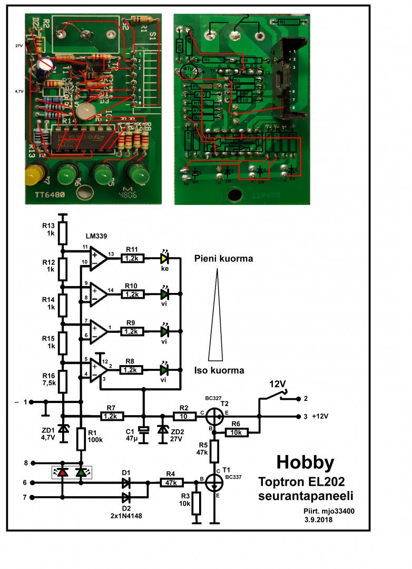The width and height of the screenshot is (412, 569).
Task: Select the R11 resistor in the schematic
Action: point(132,258)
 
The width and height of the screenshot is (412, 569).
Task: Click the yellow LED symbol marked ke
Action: point(165,258)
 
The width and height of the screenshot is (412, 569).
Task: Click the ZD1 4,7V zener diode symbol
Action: point(63,430)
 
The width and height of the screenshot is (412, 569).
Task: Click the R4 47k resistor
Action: point(172,482)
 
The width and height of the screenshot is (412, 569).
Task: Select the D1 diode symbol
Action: point(126,482)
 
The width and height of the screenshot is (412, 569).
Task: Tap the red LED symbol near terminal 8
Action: point(63,472)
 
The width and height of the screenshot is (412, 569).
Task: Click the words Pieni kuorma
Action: point(223,259)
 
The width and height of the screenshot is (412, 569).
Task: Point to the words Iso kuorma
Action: point(219,370)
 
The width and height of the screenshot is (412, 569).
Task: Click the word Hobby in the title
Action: point(306,463)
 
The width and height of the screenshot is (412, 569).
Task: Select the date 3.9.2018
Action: point(319,520)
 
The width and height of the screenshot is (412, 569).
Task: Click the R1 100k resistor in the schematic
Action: point(81,439)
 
